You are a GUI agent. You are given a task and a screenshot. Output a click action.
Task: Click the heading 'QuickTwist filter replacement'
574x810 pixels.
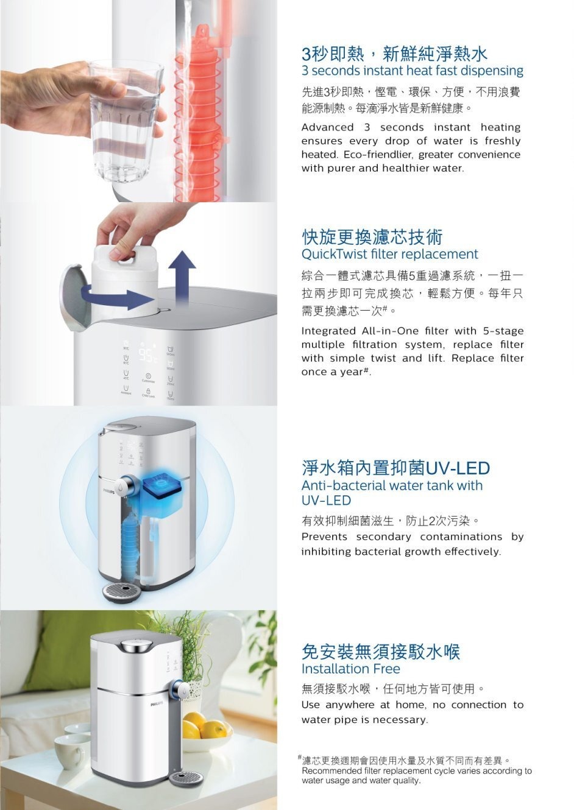tap(389, 254)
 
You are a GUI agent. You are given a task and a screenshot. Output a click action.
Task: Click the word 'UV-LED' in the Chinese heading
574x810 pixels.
tap(458, 468)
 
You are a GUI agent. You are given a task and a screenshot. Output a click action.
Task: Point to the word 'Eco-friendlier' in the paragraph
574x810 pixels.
tap(377, 155)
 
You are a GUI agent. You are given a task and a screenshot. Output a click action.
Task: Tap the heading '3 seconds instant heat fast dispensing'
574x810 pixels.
tap(413, 71)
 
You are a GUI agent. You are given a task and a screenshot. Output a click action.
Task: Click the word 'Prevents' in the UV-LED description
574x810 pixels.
tap(324, 537)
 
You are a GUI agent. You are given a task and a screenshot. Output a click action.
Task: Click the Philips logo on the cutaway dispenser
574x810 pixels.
tap(108, 491)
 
